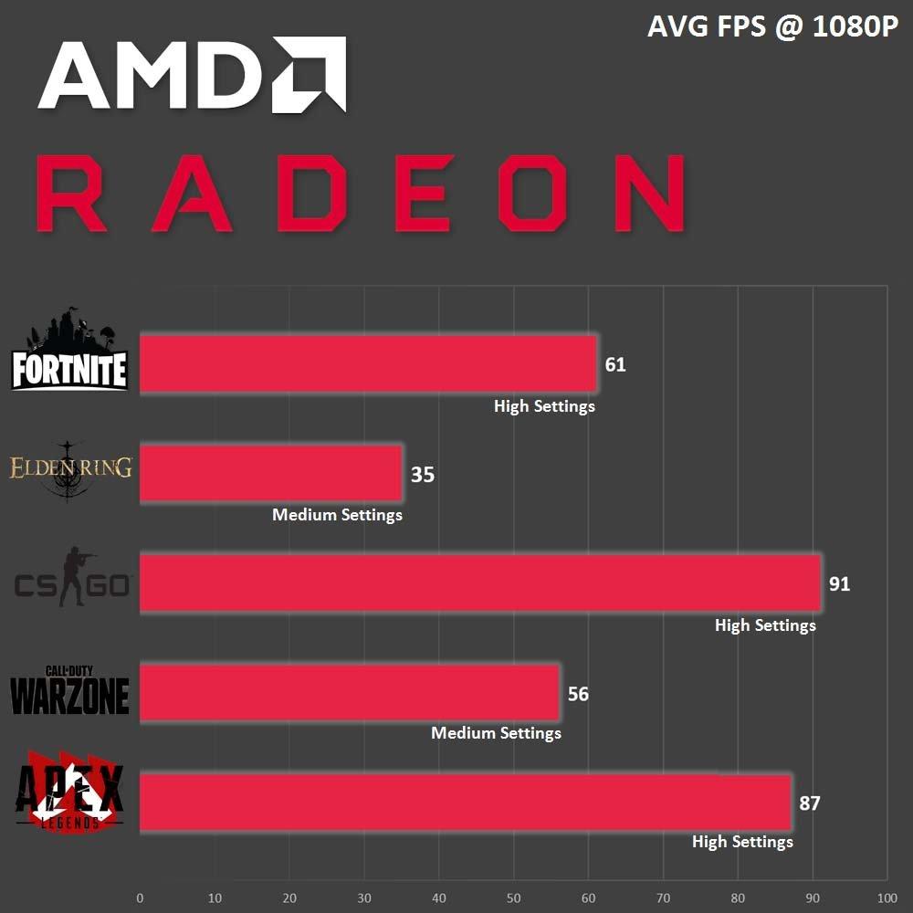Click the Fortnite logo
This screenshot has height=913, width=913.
(69, 352)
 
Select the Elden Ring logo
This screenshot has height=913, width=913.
(70, 470)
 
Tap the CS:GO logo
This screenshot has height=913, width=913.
(71, 578)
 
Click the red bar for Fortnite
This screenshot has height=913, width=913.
(367, 364)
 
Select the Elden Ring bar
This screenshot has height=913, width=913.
(270, 474)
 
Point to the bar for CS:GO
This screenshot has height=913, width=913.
(479, 582)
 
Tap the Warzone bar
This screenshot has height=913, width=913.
(349, 693)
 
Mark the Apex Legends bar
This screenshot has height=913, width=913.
(465, 803)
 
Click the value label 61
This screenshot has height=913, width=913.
(615, 365)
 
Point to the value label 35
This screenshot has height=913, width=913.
(422, 475)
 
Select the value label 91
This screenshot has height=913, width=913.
(839, 584)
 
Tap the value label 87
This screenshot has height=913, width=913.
(809, 803)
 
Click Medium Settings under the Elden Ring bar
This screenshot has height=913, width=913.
(337, 515)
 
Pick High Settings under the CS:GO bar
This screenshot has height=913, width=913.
(765, 625)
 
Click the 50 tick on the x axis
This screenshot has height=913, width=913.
(514, 897)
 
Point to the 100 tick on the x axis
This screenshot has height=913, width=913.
(887, 897)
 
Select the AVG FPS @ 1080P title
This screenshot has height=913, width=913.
(772, 27)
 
